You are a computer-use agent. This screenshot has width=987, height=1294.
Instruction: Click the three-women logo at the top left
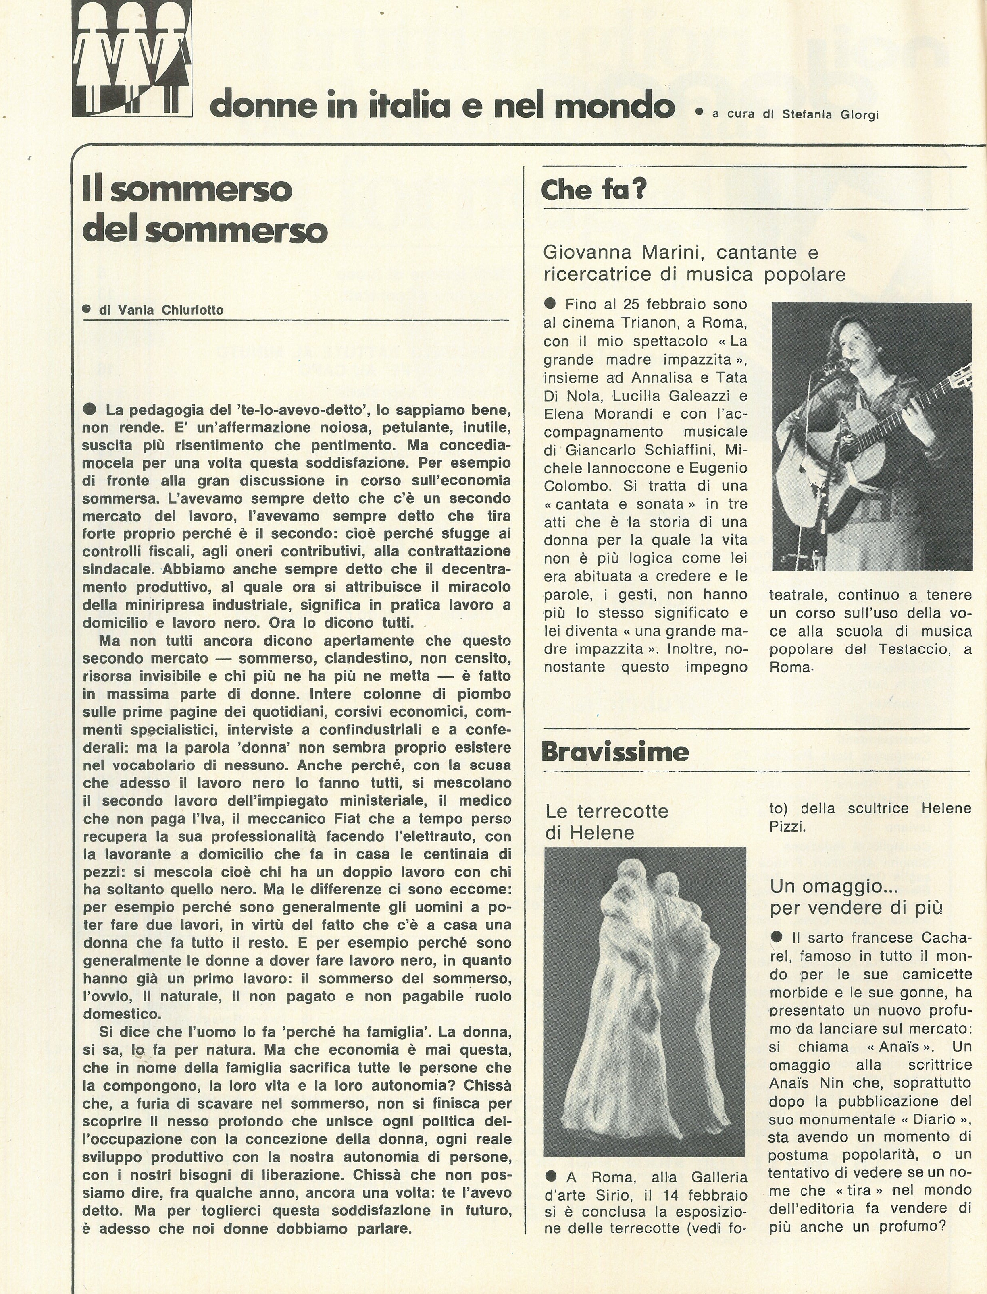coord(132,59)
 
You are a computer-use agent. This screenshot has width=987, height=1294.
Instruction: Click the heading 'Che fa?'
coord(593,190)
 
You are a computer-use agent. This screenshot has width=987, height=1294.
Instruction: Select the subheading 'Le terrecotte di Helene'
coord(606,822)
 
